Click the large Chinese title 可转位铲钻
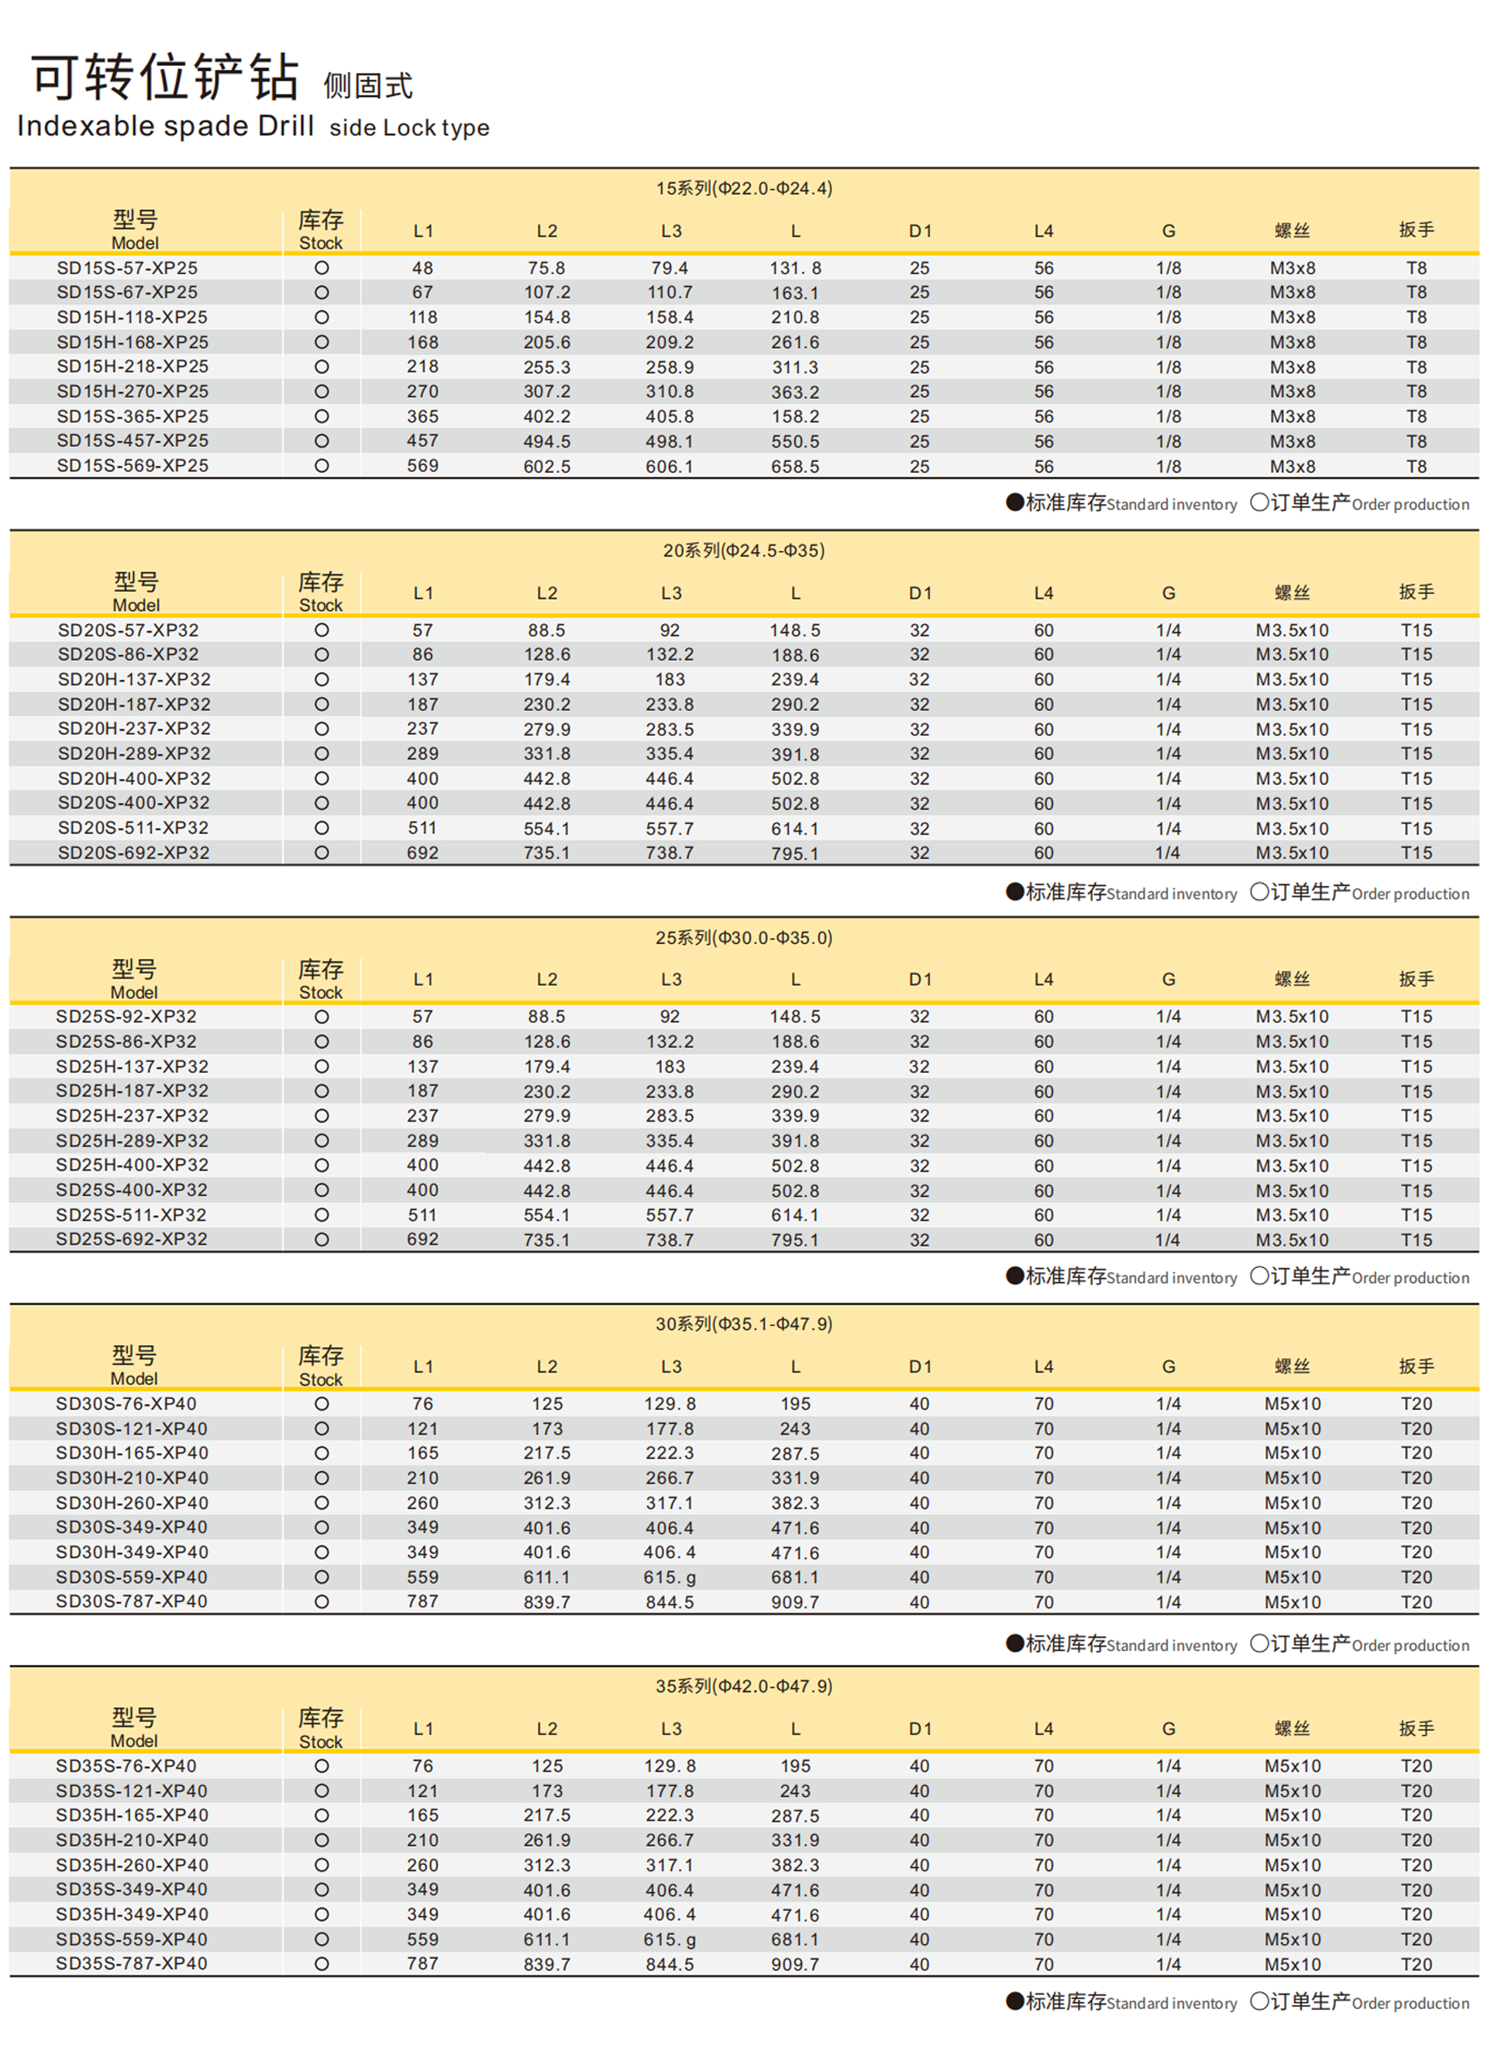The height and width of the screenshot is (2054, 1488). coord(165,77)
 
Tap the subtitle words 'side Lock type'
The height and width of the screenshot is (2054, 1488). coord(408,128)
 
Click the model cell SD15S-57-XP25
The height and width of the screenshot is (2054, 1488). coord(127,268)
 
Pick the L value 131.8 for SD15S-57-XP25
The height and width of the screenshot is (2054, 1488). coord(794,268)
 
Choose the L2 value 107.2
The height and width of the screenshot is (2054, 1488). coord(546,292)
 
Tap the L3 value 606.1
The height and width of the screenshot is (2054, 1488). coord(670,467)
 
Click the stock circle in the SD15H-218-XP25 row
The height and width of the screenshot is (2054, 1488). coord(322,367)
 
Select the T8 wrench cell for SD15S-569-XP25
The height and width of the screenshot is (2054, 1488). coord(1416,467)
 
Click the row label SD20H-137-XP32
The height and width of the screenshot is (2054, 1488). coord(134,679)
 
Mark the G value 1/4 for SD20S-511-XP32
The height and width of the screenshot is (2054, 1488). coord(1167,828)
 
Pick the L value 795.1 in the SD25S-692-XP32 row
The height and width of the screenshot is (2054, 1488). coord(794,1240)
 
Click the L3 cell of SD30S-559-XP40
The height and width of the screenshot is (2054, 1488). coord(670,1577)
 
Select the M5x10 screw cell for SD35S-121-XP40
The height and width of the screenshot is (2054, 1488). coord(1293,1790)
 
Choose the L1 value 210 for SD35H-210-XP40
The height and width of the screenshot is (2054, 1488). coord(422,1840)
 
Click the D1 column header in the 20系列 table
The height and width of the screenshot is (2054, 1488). coord(919,593)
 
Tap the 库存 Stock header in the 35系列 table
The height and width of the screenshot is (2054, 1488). coord(321,1728)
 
